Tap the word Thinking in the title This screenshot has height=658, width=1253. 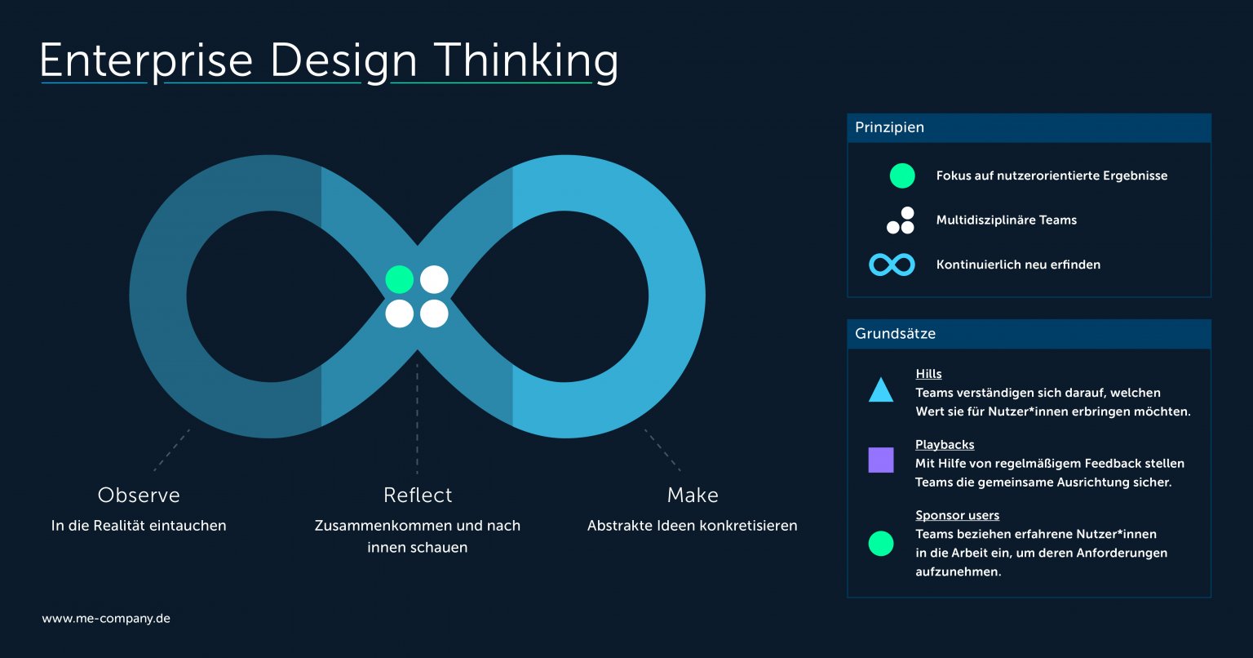click(x=526, y=61)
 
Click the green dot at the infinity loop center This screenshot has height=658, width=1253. click(x=400, y=279)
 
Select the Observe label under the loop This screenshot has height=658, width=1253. click(x=139, y=495)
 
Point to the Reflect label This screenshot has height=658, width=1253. click(x=418, y=495)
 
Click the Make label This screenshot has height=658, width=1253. click(x=693, y=495)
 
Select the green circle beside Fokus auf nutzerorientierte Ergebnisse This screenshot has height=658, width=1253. click(x=902, y=176)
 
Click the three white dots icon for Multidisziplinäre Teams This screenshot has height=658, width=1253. click(x=901, y=220)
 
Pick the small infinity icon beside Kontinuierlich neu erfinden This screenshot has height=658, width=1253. click(x=892, y=265)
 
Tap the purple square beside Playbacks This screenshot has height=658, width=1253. click(x=881, y=460)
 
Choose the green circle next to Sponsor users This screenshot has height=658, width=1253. click(x=881, y=543)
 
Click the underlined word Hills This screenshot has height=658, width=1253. click(x=928, y=374)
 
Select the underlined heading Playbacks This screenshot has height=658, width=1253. click(x=945, y=445)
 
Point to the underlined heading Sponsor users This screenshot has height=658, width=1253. click(x=957, y=515)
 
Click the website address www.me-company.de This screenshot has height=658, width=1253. click(x=106, y=619)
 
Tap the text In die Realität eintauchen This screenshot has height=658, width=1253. click(x=139, y=525)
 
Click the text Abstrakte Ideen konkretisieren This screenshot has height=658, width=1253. click(x=693, y=525)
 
